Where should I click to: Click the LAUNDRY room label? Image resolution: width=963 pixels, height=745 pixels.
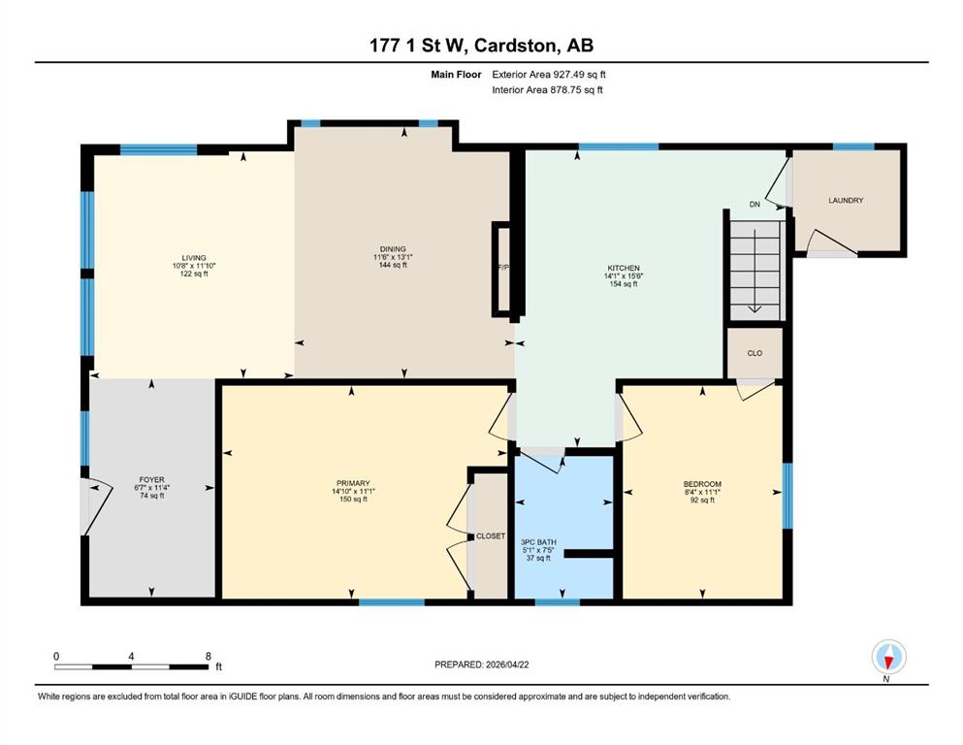click(846, 200)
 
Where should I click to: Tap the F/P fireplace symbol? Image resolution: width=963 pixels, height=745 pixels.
click(503, 268)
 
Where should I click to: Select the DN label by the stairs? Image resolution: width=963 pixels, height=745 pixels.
click(754, 204)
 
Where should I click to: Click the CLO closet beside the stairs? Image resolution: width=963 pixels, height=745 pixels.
click(754, 353)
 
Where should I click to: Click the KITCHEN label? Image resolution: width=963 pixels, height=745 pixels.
click(624, 269)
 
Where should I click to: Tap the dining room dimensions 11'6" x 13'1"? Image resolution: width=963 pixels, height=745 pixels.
click(393, 257)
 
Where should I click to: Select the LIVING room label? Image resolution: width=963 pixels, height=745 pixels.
click(193, 258)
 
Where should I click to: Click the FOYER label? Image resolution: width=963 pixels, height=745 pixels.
click(151, 479)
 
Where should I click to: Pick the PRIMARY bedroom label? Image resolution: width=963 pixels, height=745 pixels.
click(353, 483)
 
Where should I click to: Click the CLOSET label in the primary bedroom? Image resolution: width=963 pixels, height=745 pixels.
click(491, 536)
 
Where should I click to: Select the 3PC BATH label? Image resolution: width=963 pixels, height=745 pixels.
click(538, 542)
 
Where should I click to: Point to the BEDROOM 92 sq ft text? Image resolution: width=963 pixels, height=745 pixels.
click(702, 500)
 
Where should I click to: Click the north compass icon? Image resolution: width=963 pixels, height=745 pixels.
click(888, 657)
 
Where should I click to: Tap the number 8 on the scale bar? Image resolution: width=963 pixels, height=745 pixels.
click(209, 656)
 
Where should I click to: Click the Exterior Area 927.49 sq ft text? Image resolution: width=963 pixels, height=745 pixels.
click(549, 75)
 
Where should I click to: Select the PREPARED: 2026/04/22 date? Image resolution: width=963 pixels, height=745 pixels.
click(481, 664)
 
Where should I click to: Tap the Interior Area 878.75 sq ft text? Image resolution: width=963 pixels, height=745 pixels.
click(547, 89)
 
